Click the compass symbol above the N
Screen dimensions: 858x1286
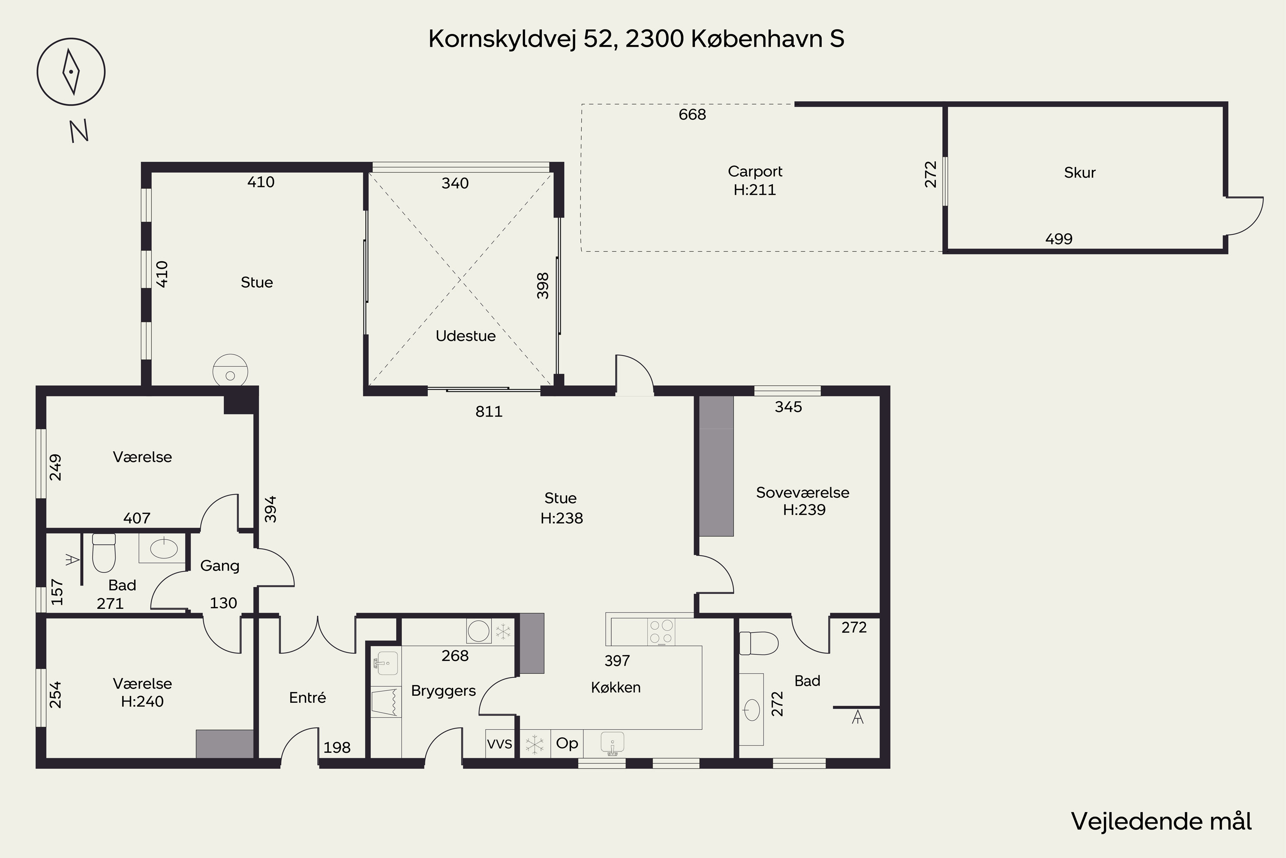(71, 72)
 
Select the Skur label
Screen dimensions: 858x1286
(1079, 173)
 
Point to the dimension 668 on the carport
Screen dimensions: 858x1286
(692, 115)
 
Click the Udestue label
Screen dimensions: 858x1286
(465, 336)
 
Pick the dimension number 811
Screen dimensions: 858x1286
(488, 411)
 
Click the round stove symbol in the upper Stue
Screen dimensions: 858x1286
(230, 372)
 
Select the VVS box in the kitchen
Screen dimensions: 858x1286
(500, 743)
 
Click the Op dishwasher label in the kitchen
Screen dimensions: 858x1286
(567, 743)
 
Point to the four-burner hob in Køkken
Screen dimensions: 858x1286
(661, 631)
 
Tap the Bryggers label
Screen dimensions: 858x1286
(443, 691)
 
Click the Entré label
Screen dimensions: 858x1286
(307, 698)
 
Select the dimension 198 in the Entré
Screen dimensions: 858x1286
(337, 747)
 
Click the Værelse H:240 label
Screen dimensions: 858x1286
(142, 692)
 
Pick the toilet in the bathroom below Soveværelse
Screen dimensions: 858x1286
(759, 643)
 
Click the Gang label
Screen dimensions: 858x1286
(220, 566)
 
